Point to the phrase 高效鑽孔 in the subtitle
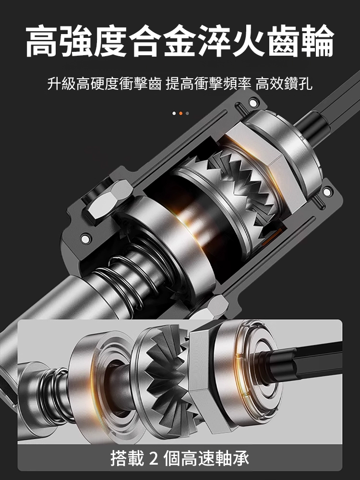[x=284, y=85]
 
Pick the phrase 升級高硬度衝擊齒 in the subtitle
[x=105, y=85]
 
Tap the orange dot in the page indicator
[x=180, y=113]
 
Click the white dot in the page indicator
[x=174, y=113]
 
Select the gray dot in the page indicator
[x=187, y=113]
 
